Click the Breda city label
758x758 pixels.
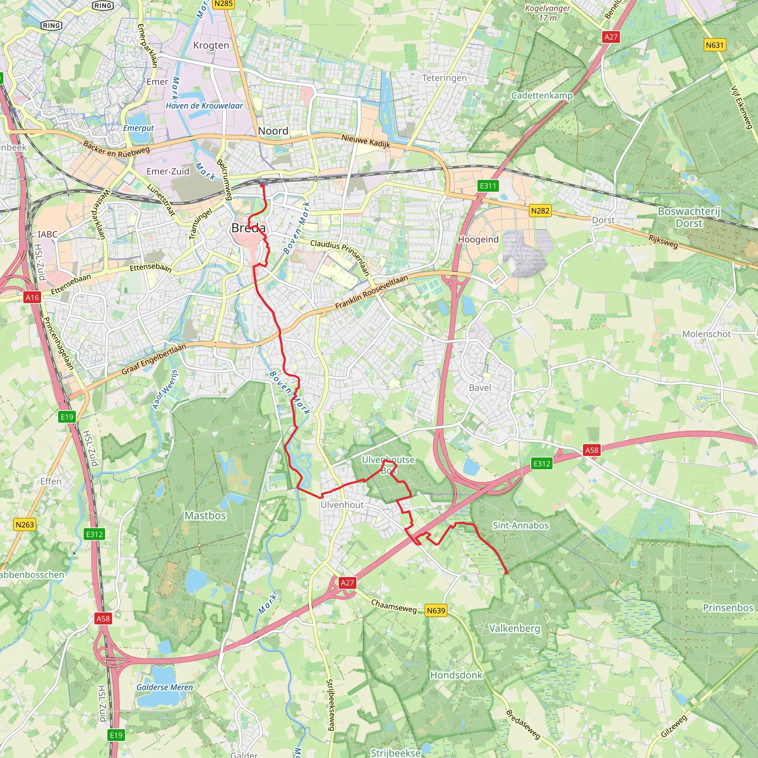click(x=248, y=228)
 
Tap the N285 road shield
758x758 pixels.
click(x=224, y=4)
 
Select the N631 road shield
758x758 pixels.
click(x=714, y=45)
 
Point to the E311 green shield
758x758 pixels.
click(x=488, y=185)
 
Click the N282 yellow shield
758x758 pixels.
click(x=540, y=211)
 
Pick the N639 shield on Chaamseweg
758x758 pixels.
click(x=436, y=610)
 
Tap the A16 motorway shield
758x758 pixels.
click(x=32, y=298)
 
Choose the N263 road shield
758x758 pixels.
click(x=25, y=524)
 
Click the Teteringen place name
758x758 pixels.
click(x=445, y=78)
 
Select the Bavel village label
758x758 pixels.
click(x=480, y=388)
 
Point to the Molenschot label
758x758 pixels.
click(x=707, y=334)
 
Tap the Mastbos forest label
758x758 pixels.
click(x=205, y=515)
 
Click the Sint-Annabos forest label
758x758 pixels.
click(x=521, y=525)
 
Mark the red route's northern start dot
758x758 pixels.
click(x=262, y=185)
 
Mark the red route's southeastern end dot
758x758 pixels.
click(x=506, y=573)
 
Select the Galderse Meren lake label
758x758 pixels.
click(x=165, y=687)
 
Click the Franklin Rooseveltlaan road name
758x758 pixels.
click(x=371, y=292)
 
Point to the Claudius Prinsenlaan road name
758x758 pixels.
click(x=340, y=257)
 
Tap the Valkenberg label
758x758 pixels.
click(x=514, y=628)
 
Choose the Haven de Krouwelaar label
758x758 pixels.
click(x=204, y=105)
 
